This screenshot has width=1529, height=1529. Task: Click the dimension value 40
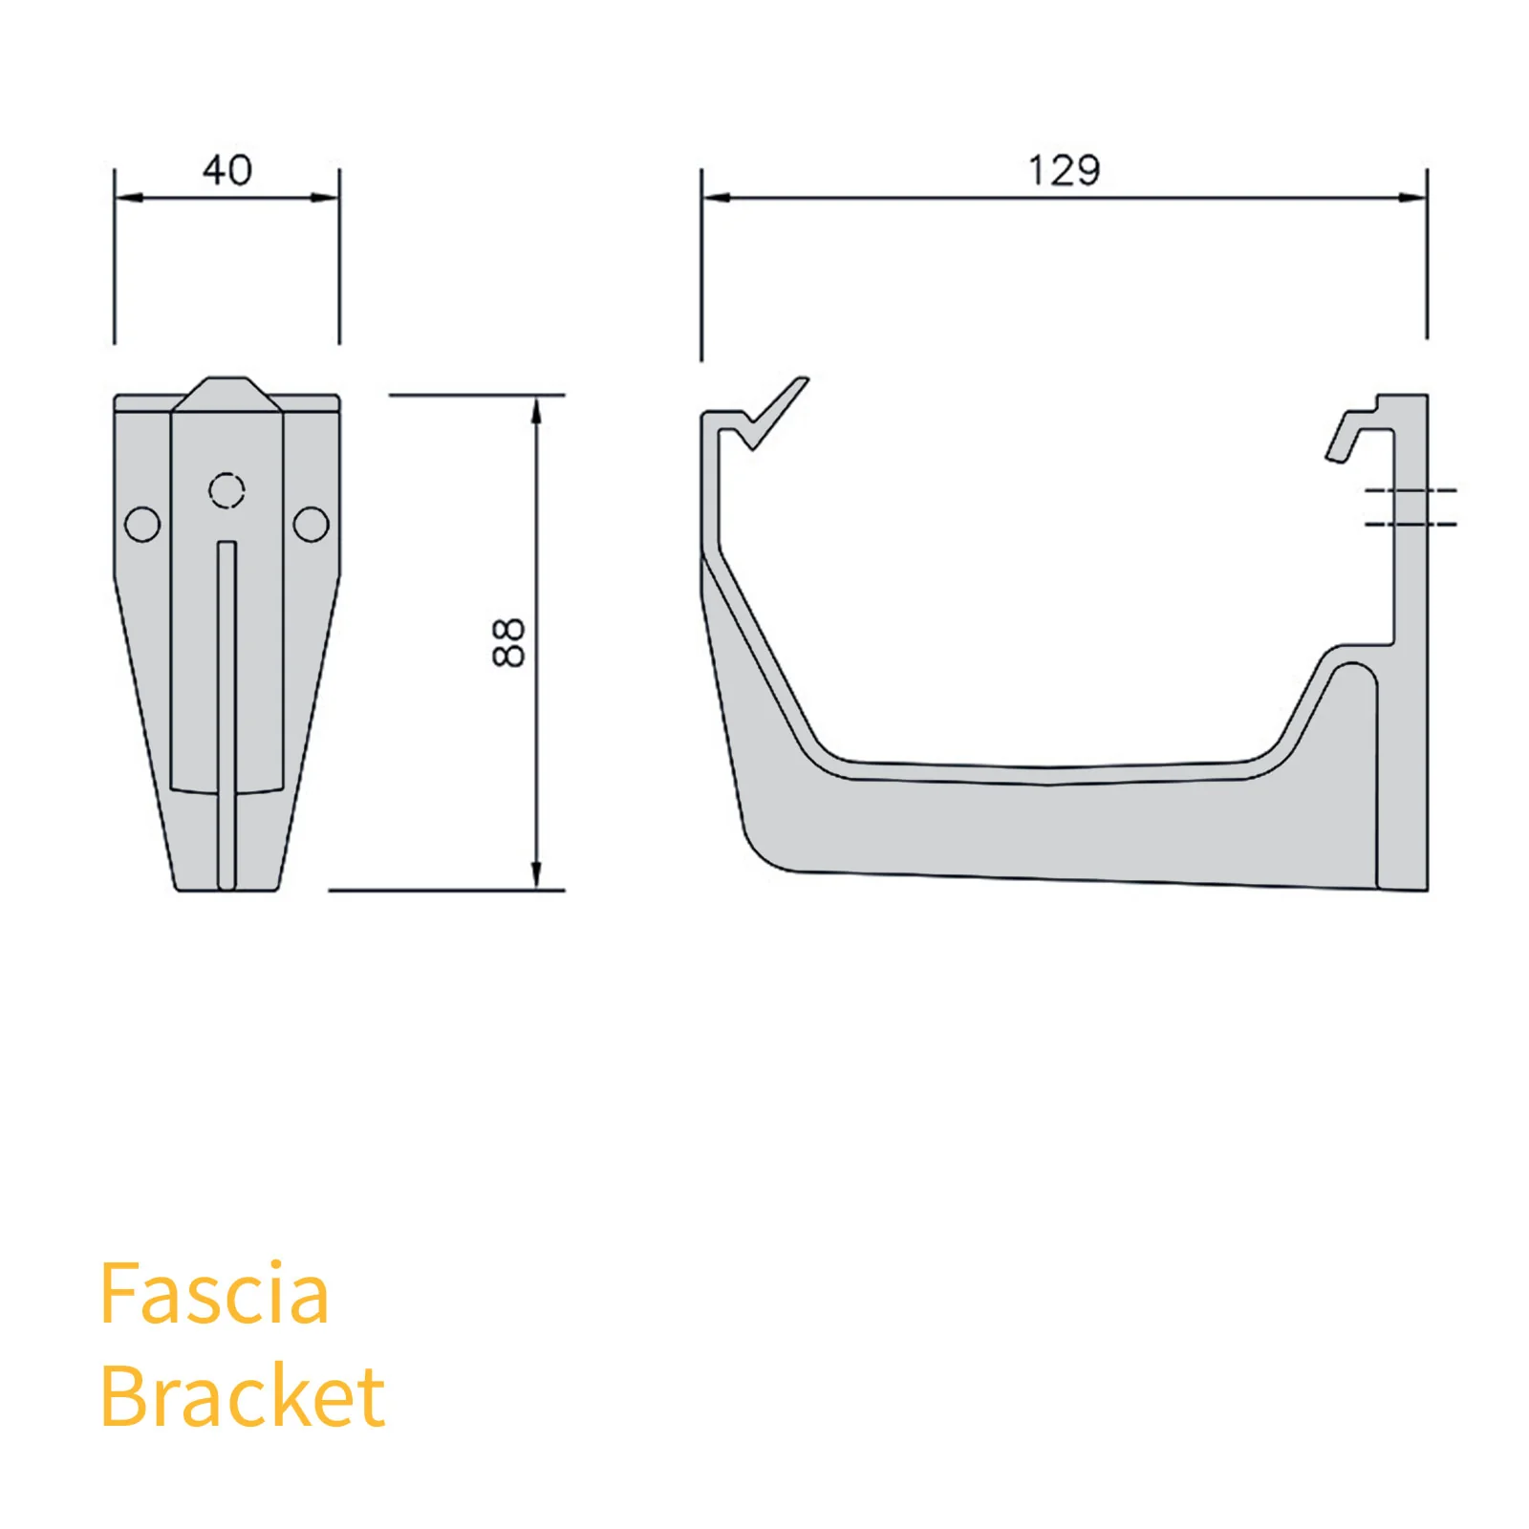(226, 170)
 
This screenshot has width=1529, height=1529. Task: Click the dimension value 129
(1064, 171)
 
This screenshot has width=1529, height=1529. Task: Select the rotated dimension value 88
(508, 642)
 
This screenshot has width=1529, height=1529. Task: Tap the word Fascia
(214, 1294)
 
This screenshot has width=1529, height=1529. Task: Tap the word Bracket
(242, 1396)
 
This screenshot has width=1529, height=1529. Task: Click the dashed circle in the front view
(226, 490)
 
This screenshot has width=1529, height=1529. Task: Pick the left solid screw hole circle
(142, 524)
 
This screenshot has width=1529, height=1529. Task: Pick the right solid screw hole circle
(311, 524)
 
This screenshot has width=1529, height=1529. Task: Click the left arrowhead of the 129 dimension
(715, 198)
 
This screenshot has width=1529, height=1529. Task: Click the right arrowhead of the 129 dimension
(1413, 198)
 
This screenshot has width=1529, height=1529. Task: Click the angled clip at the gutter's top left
(776, 413)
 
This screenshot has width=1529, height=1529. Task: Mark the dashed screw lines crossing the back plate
(1411, 506)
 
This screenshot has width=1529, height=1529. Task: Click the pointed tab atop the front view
(226, 392)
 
